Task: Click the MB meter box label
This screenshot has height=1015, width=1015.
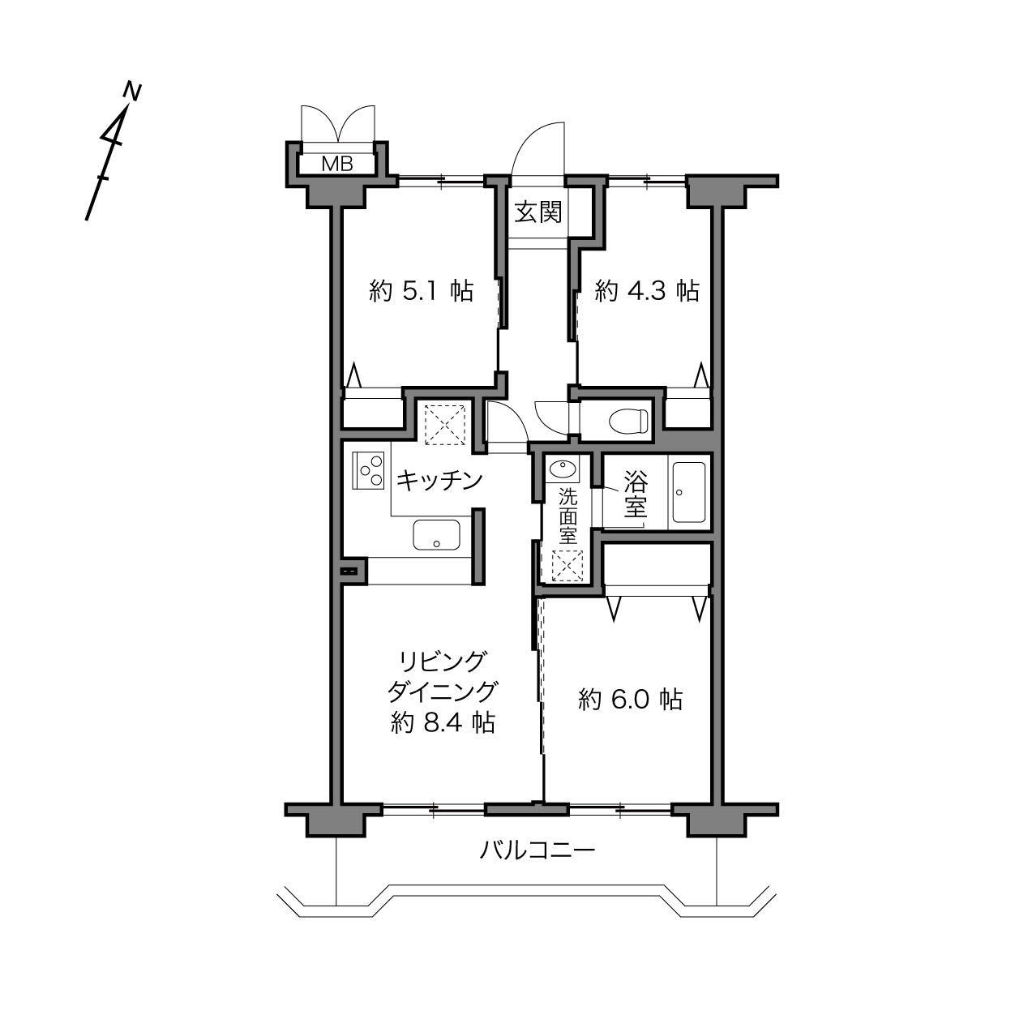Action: point(337,165)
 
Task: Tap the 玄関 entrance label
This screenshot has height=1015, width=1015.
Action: point(537,212)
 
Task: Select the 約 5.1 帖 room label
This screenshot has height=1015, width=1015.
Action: point(421,291)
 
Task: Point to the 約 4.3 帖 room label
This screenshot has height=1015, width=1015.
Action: point(647,291)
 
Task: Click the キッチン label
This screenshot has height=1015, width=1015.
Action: point(439,481)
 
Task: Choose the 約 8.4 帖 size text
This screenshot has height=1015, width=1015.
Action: point(443,722)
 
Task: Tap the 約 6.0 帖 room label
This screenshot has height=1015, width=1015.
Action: point(631,700)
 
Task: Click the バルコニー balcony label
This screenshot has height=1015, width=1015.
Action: point(537,850)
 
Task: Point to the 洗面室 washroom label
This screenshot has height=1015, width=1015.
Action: point(568,516)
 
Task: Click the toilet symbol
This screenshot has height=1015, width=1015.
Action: point(628,422)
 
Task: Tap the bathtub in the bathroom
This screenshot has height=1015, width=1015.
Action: point(689,492)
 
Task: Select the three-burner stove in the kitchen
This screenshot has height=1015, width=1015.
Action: point(368,470)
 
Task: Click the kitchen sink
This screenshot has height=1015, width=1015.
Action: point(437,535)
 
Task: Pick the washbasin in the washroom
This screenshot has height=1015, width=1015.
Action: point(563,469)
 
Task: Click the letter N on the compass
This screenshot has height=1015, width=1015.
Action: point(131,92)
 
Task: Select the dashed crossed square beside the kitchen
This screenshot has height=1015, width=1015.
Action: point(445,424)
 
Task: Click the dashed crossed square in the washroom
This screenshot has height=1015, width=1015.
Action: point(567,565)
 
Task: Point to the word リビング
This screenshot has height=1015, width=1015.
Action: point(442,662)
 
